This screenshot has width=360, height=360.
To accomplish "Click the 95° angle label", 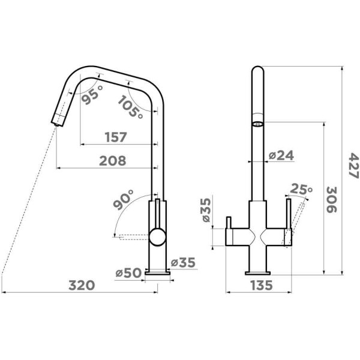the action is click(92, 95).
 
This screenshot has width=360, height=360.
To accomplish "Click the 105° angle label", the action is click(130, 107).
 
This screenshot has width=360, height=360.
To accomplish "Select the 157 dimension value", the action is click(116, 137).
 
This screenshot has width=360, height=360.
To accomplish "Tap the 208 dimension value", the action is click(113, 161).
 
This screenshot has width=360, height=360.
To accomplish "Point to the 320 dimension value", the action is click(82, 286).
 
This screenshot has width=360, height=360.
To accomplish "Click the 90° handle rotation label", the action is click(124, 200).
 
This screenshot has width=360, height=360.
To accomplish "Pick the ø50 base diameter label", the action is click(128, 273).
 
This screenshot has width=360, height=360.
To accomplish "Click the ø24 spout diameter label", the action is click(281, 155).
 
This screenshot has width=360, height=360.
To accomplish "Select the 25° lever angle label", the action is click(301, 189).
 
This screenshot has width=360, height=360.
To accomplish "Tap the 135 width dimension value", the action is click(262, 286).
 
